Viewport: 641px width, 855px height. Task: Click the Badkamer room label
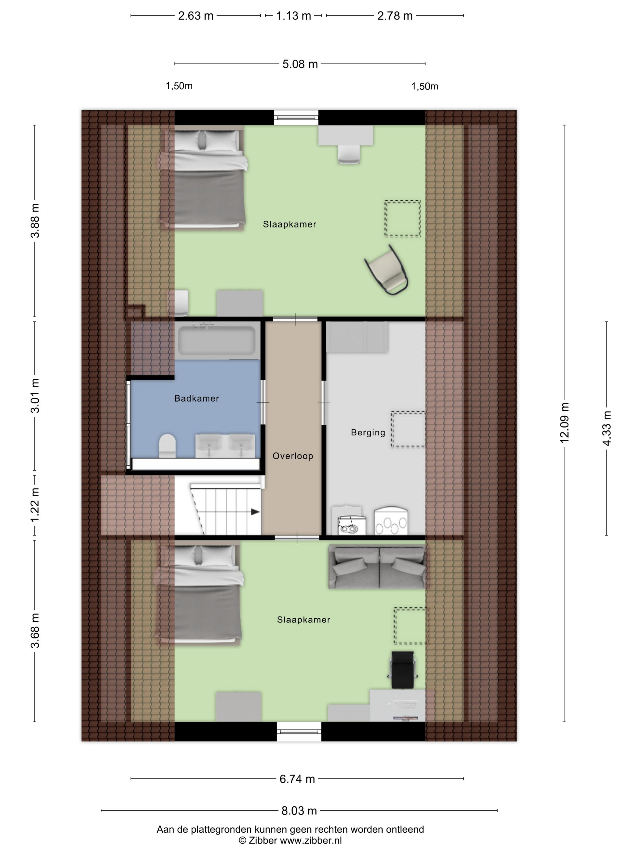pos(197,398)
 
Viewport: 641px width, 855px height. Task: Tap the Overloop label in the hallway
pos(293,456)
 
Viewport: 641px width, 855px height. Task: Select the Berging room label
pos(368,432)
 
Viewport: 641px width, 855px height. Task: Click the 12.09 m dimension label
pos(564,423)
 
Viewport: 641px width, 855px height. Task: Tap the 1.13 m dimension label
pos(294,16)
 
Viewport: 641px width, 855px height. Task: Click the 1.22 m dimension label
pos(35,505)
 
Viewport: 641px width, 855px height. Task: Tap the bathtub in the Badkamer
pos(216,340)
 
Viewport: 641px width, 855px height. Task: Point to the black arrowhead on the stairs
pos(255,512)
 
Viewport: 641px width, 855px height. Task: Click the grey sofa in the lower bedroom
pos(377,567)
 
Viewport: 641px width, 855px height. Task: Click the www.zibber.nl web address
pos(311,840)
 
